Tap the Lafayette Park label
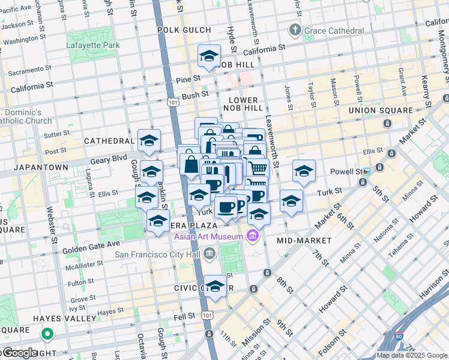[x=94, y=45]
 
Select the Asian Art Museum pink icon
[x=252, y=236]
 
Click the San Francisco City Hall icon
[x=208, y=254]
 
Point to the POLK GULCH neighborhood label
[x=184, y=29]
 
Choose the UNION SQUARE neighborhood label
[x=377, y=110]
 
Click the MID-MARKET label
[x=304, y=240]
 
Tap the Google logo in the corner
[x=19, y=353]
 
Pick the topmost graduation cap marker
[x=209, y=56]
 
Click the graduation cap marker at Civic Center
[x=215, y=286]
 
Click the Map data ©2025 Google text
[x=412, y=355]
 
